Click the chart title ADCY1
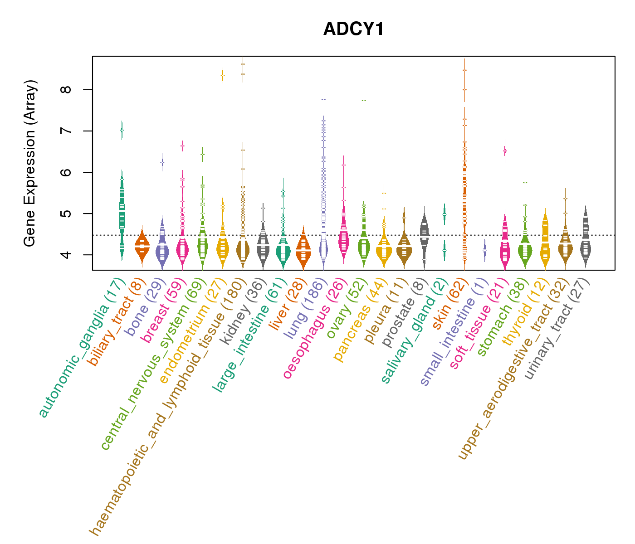coord(353,29)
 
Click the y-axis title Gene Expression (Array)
coord(30,164)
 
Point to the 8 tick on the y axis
coord(68,90)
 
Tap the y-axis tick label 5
coord(68,214)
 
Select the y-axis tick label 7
coord(68,131)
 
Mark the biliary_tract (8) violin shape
coord(142,248)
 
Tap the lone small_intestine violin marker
coord(484,250)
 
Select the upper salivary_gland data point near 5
coord(444,214)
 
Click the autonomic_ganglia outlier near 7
coord(122,130)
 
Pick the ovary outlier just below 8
coord(364,100)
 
